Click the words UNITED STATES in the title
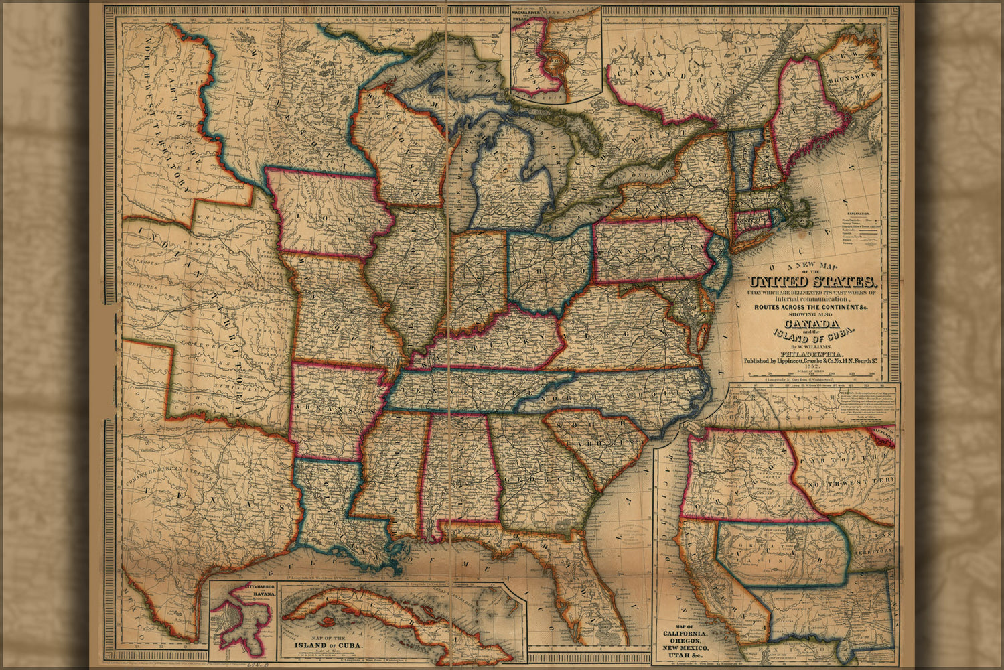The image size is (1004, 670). (x=812, y=282)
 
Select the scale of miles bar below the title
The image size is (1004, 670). (x=811, y=377)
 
